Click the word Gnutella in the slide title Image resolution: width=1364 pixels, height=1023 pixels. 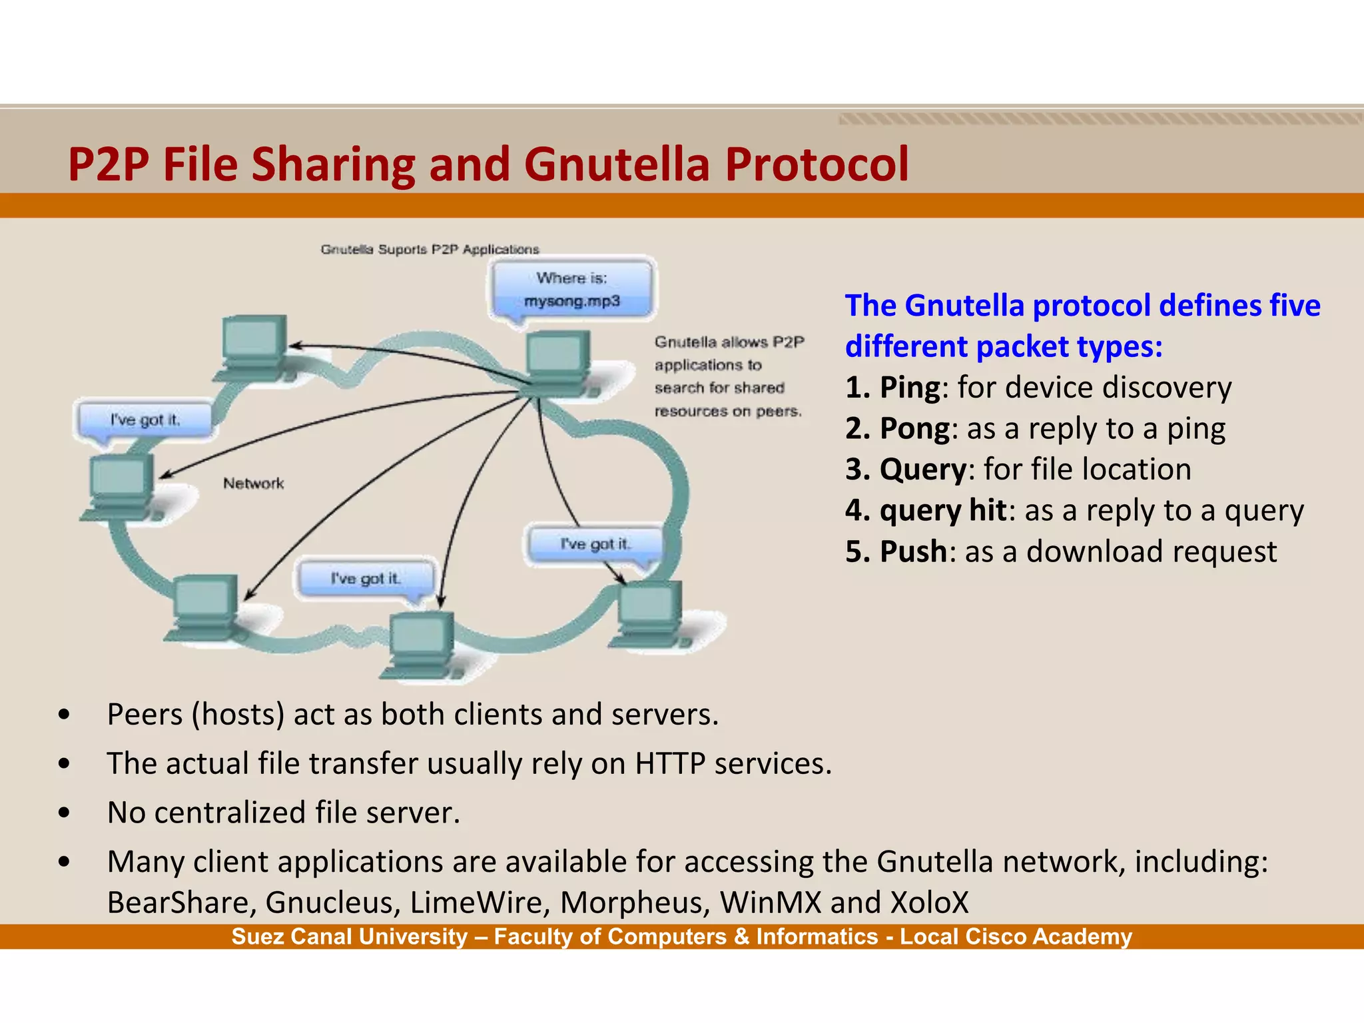pos(616,165)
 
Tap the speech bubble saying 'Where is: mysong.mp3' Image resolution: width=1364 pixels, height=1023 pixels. pos(571,289)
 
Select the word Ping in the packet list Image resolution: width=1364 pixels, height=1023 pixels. pos(910,388)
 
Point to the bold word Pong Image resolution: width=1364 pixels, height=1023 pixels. pos(914,429)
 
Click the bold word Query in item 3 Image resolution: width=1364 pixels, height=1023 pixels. pos(922,470)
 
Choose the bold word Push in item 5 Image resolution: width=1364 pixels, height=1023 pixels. pos(913,552)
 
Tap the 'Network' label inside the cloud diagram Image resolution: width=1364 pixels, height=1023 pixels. pos(253,483)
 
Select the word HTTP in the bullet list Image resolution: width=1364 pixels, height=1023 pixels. pos(669,763)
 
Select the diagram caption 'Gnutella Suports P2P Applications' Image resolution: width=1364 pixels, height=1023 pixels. pos(430,250)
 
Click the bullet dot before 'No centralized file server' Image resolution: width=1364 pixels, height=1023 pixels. pos(64,813)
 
